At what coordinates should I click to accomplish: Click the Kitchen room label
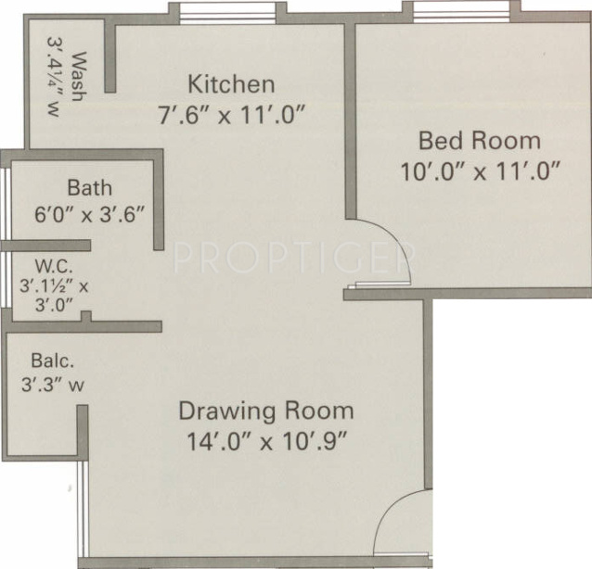231,84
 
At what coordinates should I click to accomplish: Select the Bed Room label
479,141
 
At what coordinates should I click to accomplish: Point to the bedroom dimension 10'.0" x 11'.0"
482,172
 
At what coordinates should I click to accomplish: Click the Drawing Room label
266,410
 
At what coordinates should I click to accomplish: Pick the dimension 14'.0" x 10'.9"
266,440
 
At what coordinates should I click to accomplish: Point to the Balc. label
48,360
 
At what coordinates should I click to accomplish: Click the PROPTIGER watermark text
292,256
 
